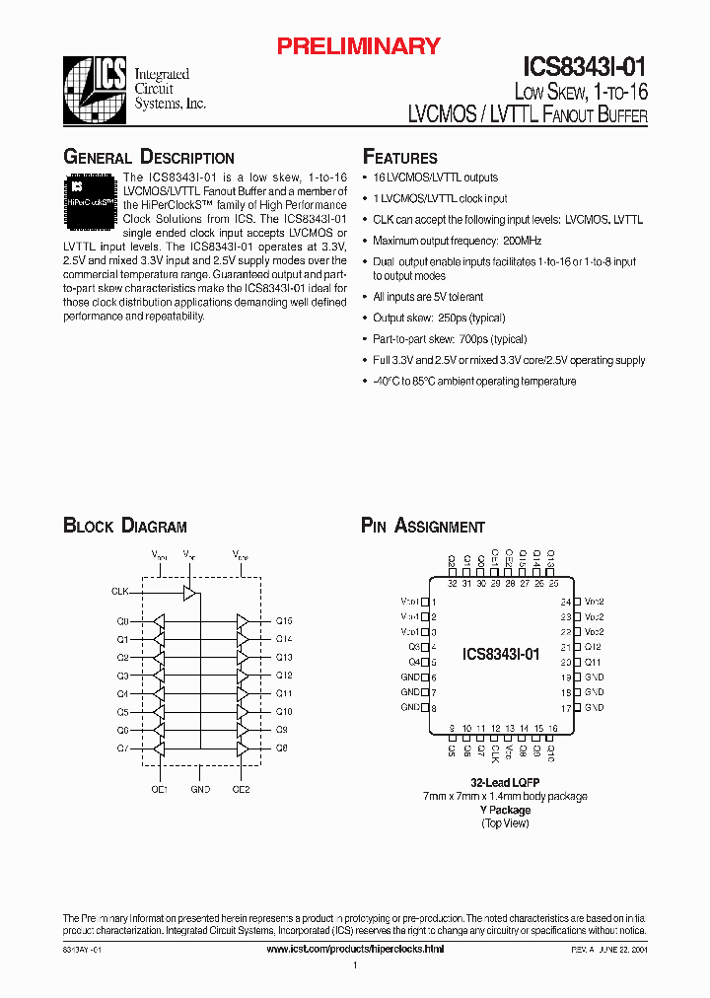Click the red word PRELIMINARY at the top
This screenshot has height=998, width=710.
[x=357, y=46]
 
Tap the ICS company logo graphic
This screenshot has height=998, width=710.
[x=95, y=87]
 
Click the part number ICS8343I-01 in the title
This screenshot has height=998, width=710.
[x=584, y=67]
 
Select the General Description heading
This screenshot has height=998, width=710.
[x=149, y=158]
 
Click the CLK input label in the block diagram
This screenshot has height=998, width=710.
[x=120, y=592]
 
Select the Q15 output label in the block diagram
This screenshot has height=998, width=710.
[x=284, y=621]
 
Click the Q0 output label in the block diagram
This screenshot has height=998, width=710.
[x=122, y=621]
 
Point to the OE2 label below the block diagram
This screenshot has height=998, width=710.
[x=241, y=789]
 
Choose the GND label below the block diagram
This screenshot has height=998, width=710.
[x=200, y=789]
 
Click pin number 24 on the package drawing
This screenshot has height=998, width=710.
[x=565, y=602]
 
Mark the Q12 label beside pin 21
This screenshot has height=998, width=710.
[x=593, y=647]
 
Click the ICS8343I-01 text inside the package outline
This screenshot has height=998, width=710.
[x=501, y=654]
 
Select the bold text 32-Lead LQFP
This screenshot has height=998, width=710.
[x=506, y=782]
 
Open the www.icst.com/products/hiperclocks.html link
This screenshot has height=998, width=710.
[x=356, y=948]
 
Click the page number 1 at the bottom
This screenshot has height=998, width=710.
[x=354, y=965]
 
